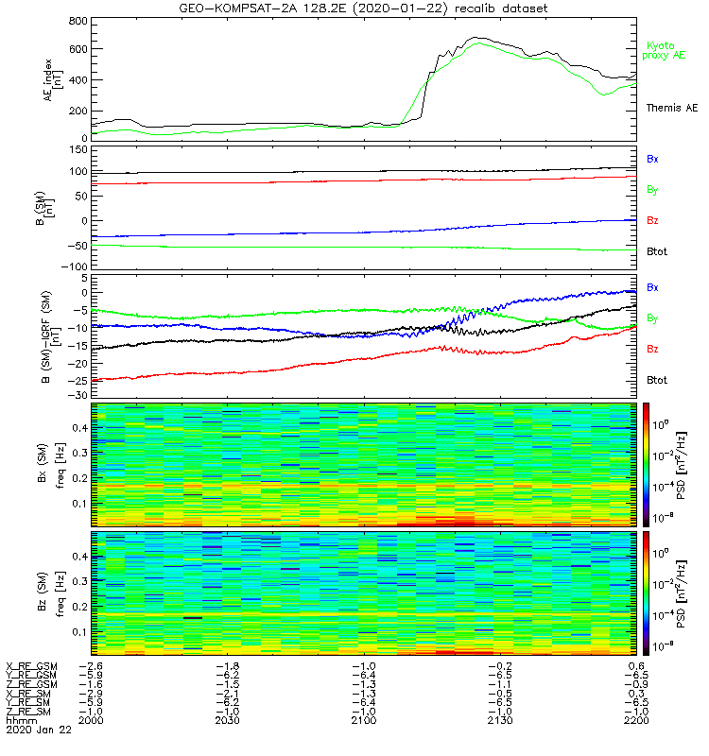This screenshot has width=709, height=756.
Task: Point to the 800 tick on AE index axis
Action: (78, 20)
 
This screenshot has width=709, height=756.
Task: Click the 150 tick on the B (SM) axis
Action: (78, 150)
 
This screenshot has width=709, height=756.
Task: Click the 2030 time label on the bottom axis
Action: (227, 720)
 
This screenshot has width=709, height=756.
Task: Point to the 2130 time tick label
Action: (499, 720)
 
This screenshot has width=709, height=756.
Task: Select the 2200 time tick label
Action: (635, 720)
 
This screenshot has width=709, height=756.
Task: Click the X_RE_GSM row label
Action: (31, 666)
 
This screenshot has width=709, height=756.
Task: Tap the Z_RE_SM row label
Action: (29, 711)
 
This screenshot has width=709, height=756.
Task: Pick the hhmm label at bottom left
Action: (19, 720)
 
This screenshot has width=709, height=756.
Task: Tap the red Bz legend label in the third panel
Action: (652, 349)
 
